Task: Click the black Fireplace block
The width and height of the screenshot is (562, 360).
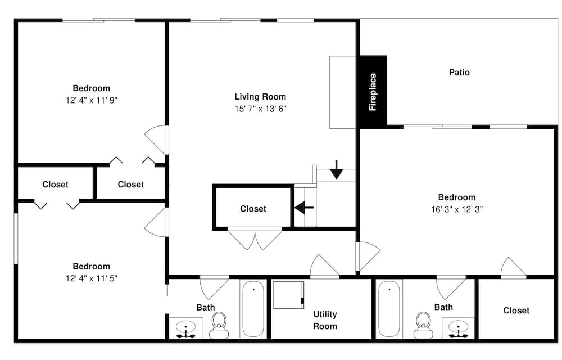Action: pos(373,92)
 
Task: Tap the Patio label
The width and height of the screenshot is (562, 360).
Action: pos(459,73)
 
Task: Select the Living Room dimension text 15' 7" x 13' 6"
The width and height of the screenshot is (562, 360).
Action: pos(261,109)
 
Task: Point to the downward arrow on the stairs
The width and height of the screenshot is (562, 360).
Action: pos(337,170)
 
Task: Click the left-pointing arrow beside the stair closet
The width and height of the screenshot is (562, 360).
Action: pos(304,207)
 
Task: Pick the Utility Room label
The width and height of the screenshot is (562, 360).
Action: pos(325,320)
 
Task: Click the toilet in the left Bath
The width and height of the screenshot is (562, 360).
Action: pos(219,325)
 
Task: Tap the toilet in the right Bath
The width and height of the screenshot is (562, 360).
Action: pos(423,325)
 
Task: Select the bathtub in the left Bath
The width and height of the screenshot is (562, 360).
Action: pos(253,309)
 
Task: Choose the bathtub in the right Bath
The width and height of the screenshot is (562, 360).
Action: pos(389,309)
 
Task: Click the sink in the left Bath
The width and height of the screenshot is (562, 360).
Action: pos(186,328)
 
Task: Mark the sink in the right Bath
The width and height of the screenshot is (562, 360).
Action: pos(459,328)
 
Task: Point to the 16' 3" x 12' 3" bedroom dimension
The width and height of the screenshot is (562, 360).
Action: pos(457,209)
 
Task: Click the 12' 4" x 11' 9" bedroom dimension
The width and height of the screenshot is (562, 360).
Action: pos(92,100)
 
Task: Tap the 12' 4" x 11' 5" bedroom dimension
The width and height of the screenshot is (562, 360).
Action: pos(92,278)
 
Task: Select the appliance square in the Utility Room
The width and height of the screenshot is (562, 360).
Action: pos(288,295)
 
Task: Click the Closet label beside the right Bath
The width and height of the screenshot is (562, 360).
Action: pos(516,310)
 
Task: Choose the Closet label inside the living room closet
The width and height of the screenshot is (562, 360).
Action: pos(253,209)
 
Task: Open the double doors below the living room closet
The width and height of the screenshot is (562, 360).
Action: pos(255,239)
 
